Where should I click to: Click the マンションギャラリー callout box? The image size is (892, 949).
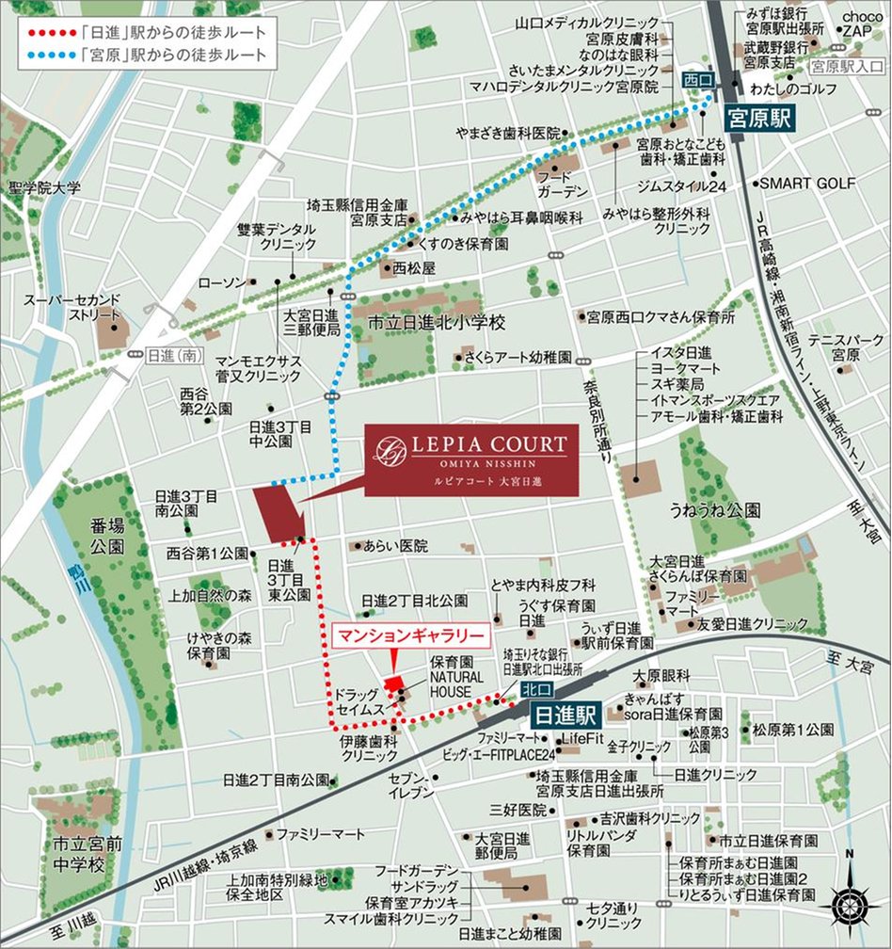[x=411, y=636]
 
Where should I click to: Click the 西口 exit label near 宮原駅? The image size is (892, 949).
[x=697, y=82]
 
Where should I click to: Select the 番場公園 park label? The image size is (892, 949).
[x=108, y=537]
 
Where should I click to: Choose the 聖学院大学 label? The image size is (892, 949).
[x=45, y=188]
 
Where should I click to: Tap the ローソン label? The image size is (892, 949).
[x=222, y=282]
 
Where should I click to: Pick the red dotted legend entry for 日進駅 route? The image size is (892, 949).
[x=141, y=32]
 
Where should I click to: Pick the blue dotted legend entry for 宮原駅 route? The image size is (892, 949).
[x=141, y=56]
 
